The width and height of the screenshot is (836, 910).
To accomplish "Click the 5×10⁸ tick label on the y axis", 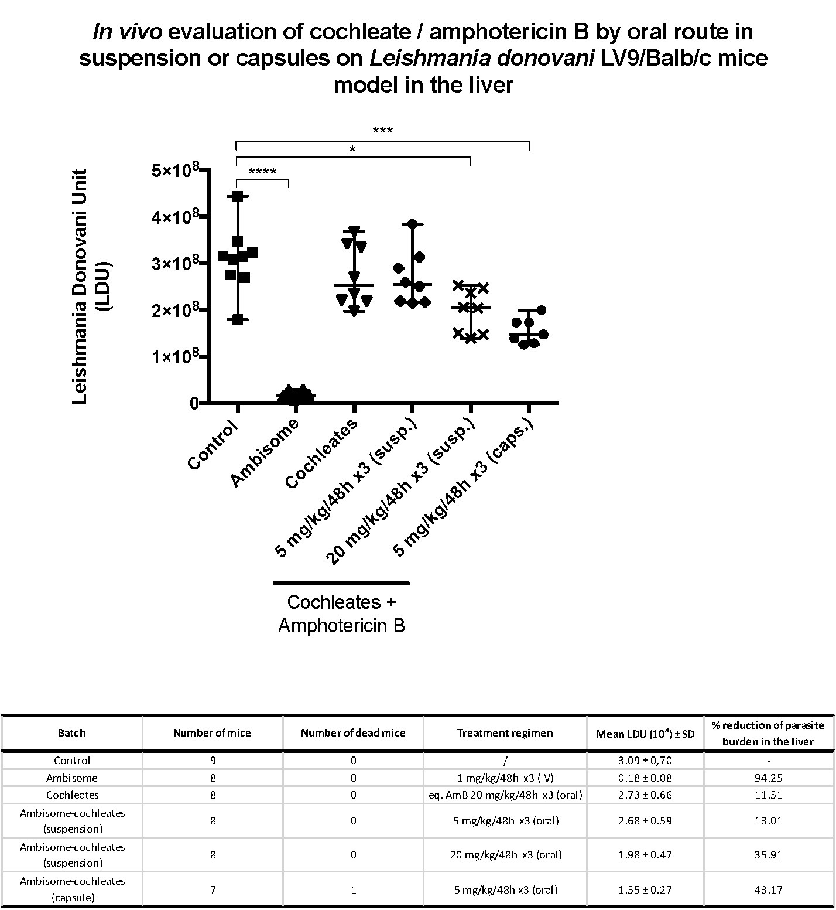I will pos(175,171).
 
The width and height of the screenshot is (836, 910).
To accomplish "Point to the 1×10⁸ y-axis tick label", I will pos(175,356).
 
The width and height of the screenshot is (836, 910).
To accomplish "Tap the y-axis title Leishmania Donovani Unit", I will pos(80,287).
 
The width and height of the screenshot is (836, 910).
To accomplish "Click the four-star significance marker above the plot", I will pos(262,172).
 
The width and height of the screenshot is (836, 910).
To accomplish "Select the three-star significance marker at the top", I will pos(382,130).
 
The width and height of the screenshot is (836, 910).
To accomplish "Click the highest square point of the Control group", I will pos(238,196).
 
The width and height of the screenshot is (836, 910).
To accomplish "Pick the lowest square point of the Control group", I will pos(238,319).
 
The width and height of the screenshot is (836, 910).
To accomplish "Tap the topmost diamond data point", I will pos(413,224).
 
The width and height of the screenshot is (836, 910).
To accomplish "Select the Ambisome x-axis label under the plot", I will pos(265,453).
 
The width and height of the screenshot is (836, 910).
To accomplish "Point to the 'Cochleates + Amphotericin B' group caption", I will pos(341,614).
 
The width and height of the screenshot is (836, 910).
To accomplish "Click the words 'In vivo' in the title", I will pos(127,32).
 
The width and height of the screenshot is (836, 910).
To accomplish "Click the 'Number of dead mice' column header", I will pos(353,732).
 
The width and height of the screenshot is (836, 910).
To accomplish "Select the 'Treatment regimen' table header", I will pos(505,732).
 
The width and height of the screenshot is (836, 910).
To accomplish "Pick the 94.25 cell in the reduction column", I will pos(769,778).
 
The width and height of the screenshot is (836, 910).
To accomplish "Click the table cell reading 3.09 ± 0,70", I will pos(645,761).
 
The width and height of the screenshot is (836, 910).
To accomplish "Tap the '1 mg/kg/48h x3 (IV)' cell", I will pos(505,778).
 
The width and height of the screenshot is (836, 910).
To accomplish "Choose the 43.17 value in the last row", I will pos(769,889).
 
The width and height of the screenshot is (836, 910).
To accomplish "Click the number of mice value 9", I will pos(213,761).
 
